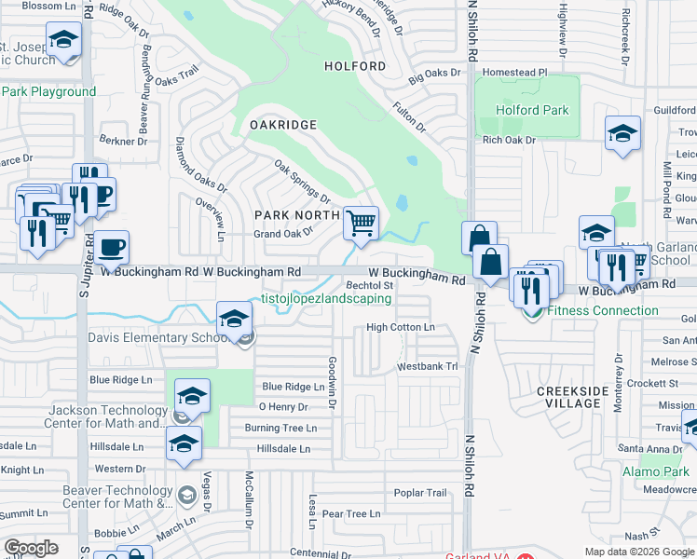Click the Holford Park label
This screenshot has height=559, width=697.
point(531,110)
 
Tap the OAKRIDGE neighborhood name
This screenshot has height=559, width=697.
point(283,124)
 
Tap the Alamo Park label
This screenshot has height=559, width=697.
point(656,472)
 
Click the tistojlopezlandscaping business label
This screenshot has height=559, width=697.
point(325,299)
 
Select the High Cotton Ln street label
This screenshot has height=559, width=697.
point(401,327)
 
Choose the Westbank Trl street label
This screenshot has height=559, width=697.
point(428,367)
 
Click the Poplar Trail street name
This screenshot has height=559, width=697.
point(420,493)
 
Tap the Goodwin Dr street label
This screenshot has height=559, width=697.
point(332,382)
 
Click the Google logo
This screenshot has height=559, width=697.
point(31,548)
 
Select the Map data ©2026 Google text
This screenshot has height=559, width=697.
point(638,552)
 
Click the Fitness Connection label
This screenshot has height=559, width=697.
point(603,310)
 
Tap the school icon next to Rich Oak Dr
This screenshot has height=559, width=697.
point(622,135)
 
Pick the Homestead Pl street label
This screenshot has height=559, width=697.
point(516,72)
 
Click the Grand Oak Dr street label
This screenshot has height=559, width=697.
point(283,234)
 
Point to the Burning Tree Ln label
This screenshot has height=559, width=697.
point(280,428)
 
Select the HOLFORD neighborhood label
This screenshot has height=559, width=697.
point(354,66)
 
